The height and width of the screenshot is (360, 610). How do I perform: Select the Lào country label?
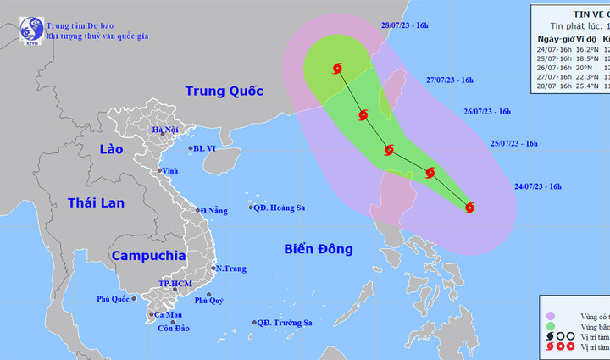click(x=110, y=149)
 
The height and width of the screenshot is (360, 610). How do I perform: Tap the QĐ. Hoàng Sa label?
click(x=280, y=208)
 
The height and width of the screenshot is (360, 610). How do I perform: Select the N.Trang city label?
click(x=230, y=269)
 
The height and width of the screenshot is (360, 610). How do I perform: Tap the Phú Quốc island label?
click(x=112, y=298)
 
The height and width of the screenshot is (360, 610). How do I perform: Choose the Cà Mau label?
click(x=166, y=314)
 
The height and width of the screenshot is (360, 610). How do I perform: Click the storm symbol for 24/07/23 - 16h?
click(x=469, y=206)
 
